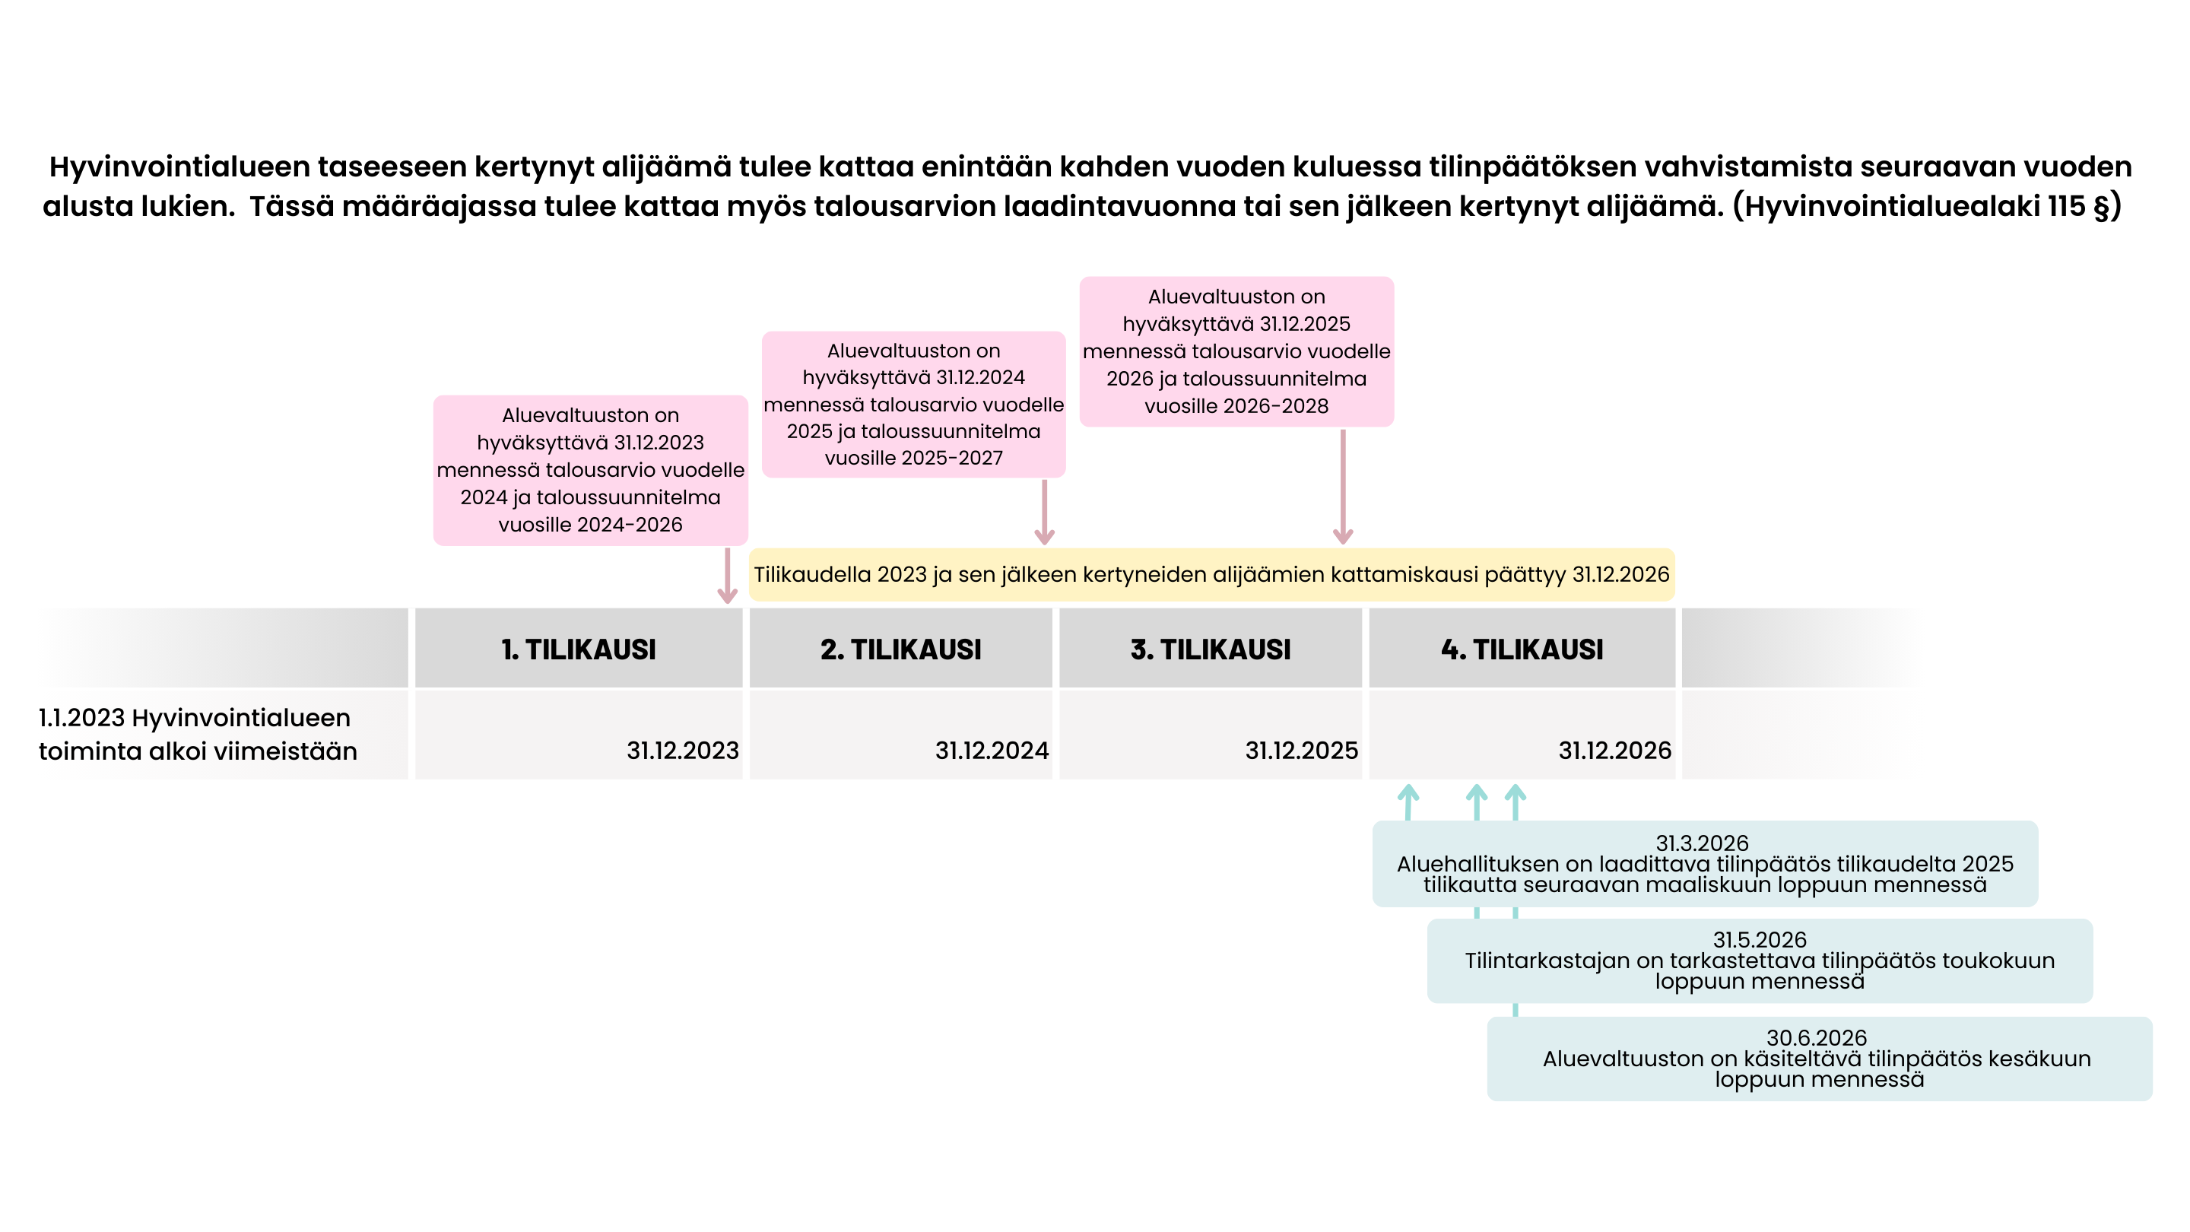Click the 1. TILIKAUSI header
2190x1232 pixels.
[x=578, y=649]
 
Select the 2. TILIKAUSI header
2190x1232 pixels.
[x=900, y=649]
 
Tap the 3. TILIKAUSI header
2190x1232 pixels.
[x=1210, y=649]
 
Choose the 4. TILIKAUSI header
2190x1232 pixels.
[x=1522, y=649]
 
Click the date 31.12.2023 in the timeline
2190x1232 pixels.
[x=683, y=751]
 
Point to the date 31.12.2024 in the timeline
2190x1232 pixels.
[x=992, y=751]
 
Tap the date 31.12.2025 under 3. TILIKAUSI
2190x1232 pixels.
[x=1302, y=751]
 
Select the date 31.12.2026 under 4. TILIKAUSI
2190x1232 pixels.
[x=1614, y=751]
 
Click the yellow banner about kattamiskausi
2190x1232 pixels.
[x=1211, y=575]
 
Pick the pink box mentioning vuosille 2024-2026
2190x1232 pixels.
[x=590, y=470]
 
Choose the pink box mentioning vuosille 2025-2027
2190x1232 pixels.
[x=913, y=405]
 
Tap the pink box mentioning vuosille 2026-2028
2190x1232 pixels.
[x=1236, y=351]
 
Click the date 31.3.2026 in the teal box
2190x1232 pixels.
[x=1702, y=843]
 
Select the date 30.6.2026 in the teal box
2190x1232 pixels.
[x=1816, y=1037]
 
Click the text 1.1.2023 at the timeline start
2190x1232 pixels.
[x=81, y=718]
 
